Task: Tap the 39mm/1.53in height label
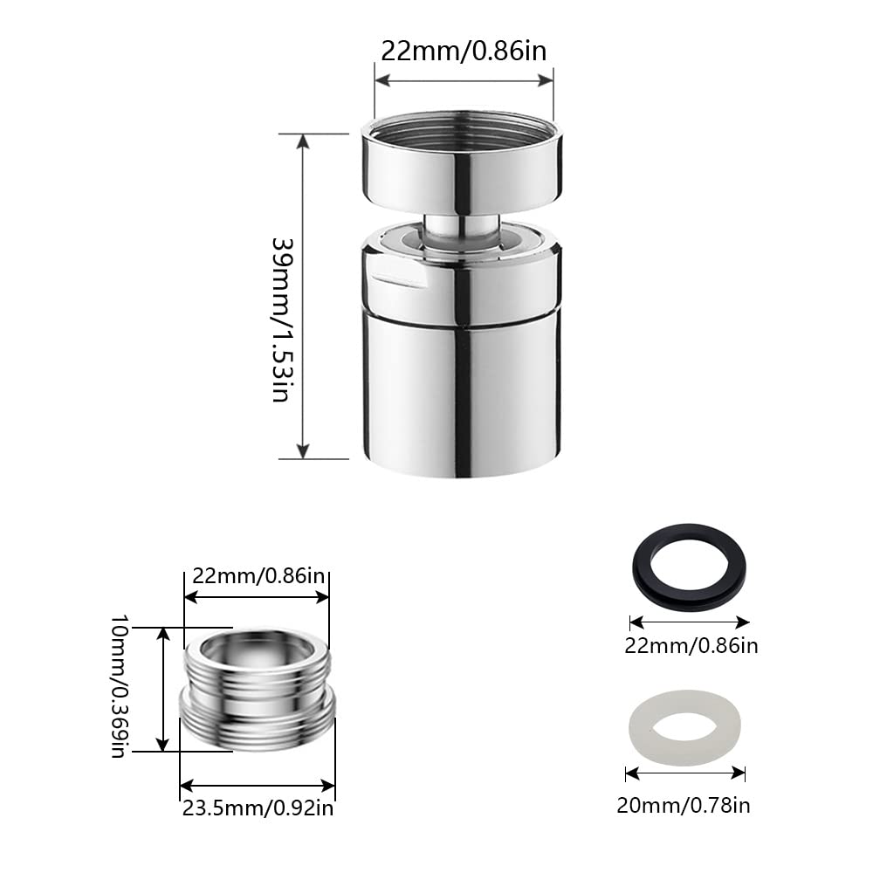[x=279, y=319]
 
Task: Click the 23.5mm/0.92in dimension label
[x=257, y=808]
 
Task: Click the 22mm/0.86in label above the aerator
[x=464, y=50]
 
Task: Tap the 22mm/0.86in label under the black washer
[x=690, y=646]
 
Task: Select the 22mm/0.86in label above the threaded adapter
[x=258, y=576]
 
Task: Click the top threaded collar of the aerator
[x=462, y=166]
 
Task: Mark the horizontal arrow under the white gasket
[x=685, y=773]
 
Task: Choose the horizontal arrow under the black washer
[x=690, y=622]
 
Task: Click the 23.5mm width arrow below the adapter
[x=258, y=785]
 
